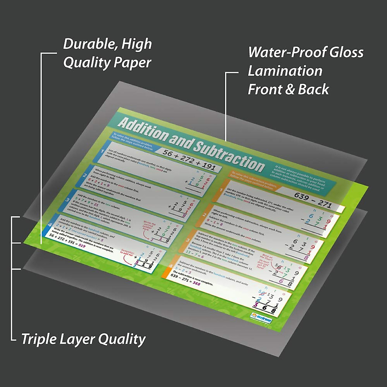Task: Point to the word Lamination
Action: [x=285, y=71]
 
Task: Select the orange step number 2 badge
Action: [x=204, y=215]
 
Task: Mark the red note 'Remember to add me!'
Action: [x=126, y=253]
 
